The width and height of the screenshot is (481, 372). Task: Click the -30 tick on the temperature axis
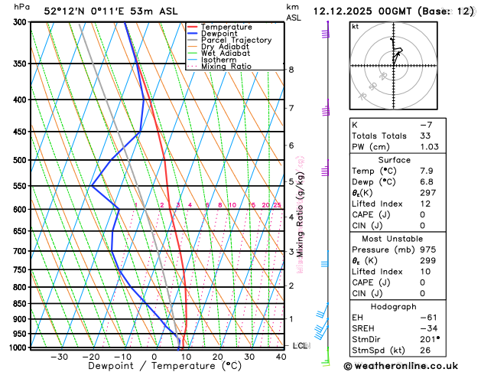[59, 357]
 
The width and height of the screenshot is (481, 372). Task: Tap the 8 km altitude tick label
[291, 70]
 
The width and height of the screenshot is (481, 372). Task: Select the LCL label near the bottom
[301, 346]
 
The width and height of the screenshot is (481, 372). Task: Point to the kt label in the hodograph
[356, 26]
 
